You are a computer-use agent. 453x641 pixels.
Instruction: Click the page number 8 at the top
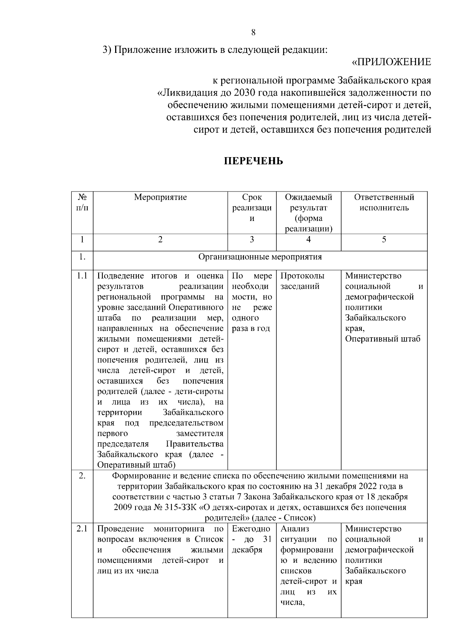pos(253,32)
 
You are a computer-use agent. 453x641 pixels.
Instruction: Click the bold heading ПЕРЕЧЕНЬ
pos(253,162)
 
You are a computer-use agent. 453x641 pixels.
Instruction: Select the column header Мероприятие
pos(160,197)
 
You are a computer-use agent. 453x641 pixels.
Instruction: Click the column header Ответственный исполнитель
pos(384,202)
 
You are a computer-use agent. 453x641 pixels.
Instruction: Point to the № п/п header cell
pos(82,202)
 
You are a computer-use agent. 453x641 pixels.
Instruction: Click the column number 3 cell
pos(252,239)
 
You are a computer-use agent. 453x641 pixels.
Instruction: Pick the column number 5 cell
pos(384,239)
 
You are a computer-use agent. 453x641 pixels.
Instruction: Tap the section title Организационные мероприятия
pos(260,257)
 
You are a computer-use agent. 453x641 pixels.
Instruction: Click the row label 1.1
pos(82,276)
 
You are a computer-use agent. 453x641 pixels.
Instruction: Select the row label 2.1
pos(82,529)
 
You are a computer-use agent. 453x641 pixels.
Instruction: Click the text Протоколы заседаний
pos(302,281)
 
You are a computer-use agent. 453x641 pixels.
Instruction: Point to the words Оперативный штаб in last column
pos(382,339)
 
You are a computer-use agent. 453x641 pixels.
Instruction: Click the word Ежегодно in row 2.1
pos(251,529)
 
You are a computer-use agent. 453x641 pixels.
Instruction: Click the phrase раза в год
pos(251,328)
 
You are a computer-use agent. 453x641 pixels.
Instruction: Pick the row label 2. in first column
pos(82,476)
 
